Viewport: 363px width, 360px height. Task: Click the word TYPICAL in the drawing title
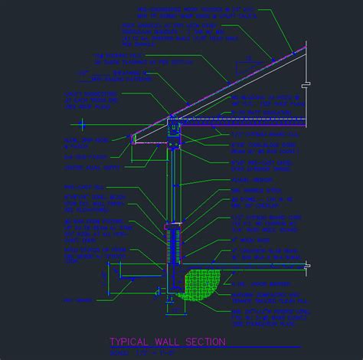tap(130, 342)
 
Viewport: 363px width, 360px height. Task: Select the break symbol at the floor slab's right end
tap(307, 266)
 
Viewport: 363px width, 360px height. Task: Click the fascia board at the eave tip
tap(134, 139)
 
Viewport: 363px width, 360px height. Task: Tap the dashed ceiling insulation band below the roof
tap(237, 121)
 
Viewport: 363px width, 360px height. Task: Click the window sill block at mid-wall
tap(172, 227)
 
